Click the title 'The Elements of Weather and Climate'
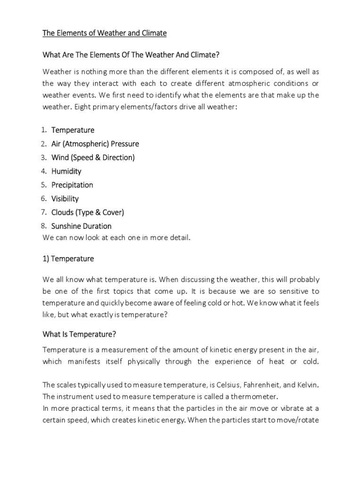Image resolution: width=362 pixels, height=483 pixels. coord(105,33)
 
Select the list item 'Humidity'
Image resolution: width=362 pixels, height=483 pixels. coord(66,171)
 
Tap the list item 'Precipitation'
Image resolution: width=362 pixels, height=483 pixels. coord(72,185)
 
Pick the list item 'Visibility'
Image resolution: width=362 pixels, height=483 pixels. coord(65,199)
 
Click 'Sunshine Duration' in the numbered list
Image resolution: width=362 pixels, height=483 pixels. coord(82,226)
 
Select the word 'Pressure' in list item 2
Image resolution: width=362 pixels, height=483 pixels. coord(124,143)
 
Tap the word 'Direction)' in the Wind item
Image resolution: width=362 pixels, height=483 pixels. coord(118,158)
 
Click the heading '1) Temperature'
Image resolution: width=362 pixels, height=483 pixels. coord(68,258)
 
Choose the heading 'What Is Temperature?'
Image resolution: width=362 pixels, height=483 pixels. coord(79,334)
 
